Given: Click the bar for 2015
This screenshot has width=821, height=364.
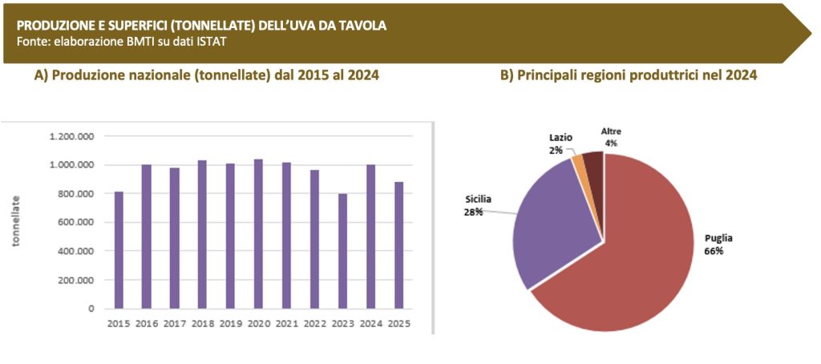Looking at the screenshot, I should (119, 249).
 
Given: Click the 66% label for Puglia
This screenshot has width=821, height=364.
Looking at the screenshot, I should (714, 251).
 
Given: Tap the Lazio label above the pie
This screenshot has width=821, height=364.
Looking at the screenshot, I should (560, 138).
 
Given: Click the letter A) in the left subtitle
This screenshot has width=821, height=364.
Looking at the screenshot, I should (41, 75).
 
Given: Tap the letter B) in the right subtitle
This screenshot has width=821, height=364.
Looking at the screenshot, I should (507, 75).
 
